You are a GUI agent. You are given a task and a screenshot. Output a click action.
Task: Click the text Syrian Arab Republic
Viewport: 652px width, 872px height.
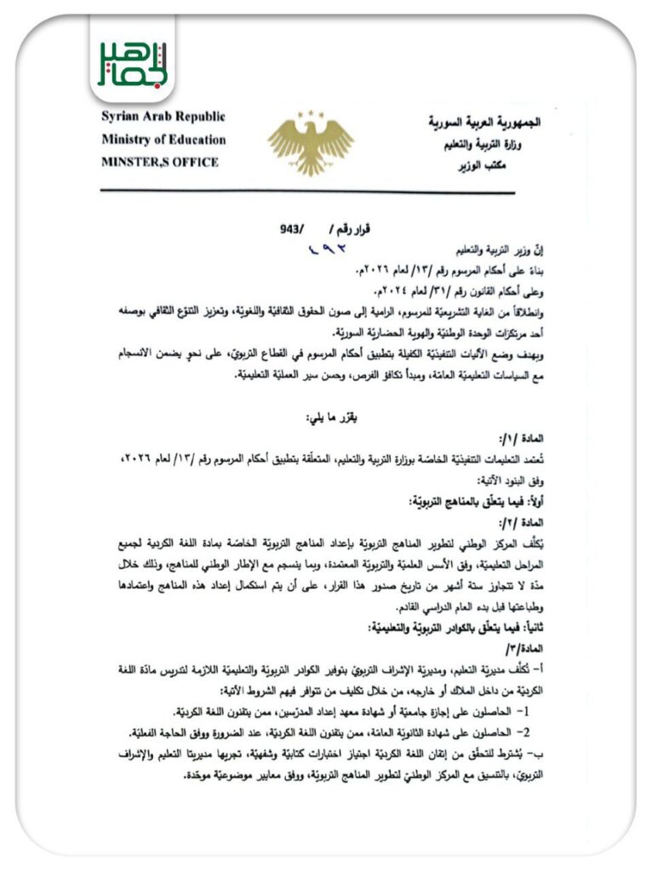[x=161, y=117]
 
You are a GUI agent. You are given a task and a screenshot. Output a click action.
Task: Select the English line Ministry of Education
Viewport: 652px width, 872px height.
[x=163, y=139]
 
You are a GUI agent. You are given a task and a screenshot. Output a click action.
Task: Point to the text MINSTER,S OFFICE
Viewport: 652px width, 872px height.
[x=159, y=162]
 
